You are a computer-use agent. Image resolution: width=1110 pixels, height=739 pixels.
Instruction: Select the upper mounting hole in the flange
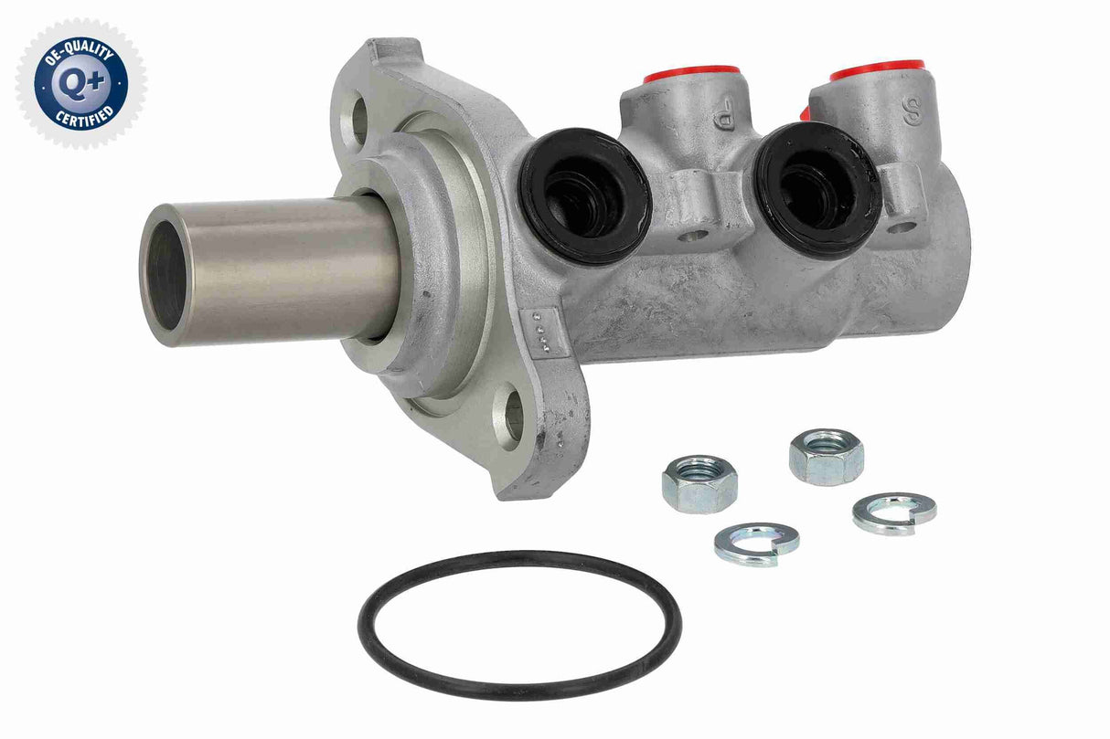(x=358, y=120)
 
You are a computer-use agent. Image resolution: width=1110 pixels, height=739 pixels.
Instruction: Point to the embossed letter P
(x=723, y=118)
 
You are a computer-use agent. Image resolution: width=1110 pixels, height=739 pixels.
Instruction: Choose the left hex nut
(x=699, y=483)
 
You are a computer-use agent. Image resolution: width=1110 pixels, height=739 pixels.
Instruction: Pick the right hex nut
(x=827, y=455)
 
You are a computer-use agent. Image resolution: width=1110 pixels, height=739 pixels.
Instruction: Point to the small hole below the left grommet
(x=694, y=235)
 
